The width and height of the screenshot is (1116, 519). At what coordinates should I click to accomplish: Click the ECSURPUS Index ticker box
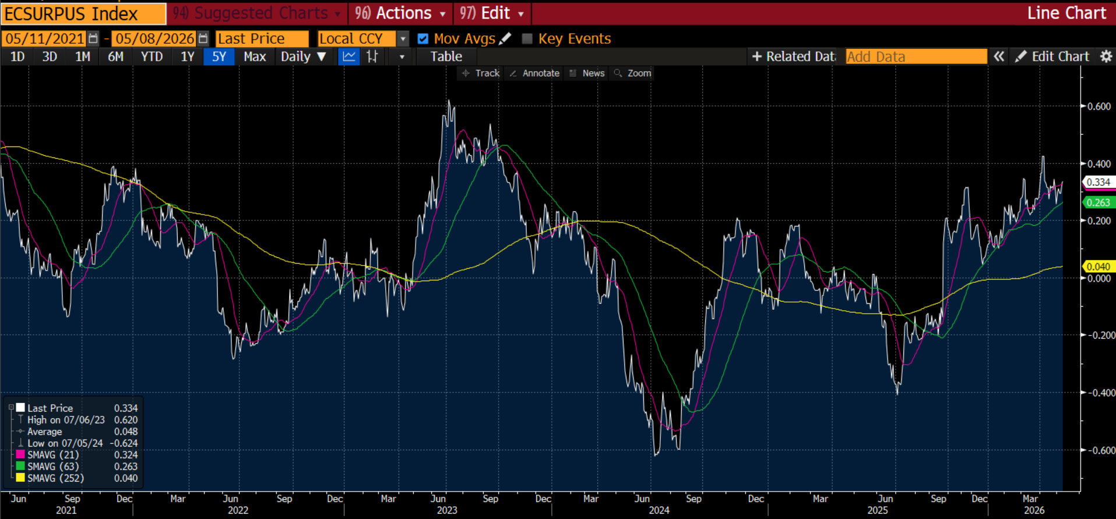(x=83, y=13)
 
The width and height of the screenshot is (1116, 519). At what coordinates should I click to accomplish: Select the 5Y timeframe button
(x=219, y=57)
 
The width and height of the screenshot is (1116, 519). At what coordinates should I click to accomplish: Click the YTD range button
(x=152, y=57)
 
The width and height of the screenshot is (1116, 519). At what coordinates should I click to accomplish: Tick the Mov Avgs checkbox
(x=423, y=38)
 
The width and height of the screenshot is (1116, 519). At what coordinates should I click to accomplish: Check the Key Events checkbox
(x=527, y=38)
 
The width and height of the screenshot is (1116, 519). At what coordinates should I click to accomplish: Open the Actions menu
(x=401, y=13)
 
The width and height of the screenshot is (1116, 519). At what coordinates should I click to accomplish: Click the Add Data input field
(x=916, y=57)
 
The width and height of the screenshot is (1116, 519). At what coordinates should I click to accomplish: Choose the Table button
(x=446, y=57)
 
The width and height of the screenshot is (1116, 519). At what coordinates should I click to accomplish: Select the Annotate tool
(x=534, y=73)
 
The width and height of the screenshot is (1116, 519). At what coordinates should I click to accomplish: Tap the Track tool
(x=481, y=73)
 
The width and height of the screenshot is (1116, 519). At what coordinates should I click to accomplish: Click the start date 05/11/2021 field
(x=45, y=38)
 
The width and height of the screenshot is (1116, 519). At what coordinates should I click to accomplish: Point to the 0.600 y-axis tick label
(x=1099, y=107)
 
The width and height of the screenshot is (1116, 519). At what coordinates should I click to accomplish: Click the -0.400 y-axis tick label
(x=1098, y=392)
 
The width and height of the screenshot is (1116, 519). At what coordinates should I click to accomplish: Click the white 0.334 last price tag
(x=1099, y=182)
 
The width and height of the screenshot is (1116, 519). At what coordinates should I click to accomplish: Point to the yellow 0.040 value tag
(x=1099, y=266)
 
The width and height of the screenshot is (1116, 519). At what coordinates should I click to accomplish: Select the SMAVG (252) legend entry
(x=56, y=478)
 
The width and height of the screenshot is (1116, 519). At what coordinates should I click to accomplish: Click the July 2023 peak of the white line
(x=449, y=101)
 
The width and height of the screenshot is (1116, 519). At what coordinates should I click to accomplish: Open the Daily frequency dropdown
(x=303, y=57)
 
